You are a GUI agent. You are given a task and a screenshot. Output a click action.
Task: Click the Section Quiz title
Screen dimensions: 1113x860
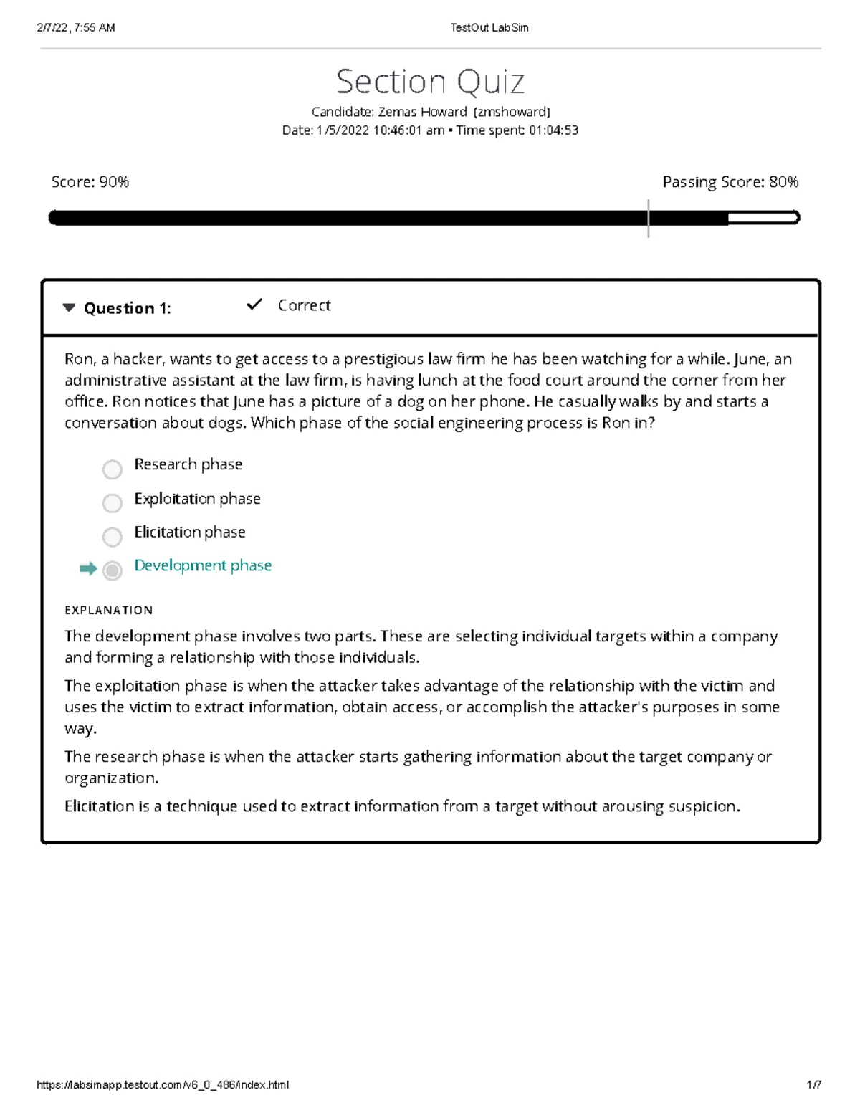(x=430, y=82)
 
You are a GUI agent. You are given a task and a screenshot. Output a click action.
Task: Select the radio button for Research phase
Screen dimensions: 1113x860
(x=113, y=469)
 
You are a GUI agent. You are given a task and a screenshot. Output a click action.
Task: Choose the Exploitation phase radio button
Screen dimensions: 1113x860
(x=113, y=503)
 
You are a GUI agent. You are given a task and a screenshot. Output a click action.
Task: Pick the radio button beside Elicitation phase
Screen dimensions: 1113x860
(x=113, y=537)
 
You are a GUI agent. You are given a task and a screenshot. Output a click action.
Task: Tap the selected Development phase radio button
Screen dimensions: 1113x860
(x=113, y=570)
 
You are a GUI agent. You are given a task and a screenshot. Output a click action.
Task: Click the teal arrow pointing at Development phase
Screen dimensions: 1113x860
(x=88, y=569)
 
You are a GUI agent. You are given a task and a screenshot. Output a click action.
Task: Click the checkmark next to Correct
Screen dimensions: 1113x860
(x=254, y=305)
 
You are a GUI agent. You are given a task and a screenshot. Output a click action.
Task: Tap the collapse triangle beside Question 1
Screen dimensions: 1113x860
(x=69, y=308)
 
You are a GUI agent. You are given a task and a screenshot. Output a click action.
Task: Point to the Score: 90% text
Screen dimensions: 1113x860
(x=90, y=182)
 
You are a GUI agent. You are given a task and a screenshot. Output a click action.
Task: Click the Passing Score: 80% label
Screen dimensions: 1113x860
(x=730, y=182)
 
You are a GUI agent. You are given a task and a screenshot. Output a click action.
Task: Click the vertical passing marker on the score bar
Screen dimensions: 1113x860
(x=648, y=218)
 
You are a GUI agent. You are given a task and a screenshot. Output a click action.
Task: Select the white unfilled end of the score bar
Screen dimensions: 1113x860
(x=763, y=218)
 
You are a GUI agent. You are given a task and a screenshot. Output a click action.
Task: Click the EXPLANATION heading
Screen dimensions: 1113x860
(x=109, y=611)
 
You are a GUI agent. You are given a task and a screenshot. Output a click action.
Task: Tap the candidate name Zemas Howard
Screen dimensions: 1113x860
(x=423, y=112)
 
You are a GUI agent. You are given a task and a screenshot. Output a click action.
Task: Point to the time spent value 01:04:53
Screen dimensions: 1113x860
(x=553, y=130)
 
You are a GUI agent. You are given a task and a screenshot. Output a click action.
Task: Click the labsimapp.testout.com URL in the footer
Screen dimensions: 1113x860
(x=163, y=1085)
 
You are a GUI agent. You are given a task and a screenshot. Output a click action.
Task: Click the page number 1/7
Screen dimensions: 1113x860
(x=813, y=1085)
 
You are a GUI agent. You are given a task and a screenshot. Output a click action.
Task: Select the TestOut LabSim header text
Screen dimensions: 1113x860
(x=489, y=28)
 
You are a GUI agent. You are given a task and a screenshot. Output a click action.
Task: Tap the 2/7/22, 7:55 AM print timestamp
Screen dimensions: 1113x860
(x=76, y=28)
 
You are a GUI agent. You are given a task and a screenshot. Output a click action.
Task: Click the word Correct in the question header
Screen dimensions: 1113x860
(x=304, y=305)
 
